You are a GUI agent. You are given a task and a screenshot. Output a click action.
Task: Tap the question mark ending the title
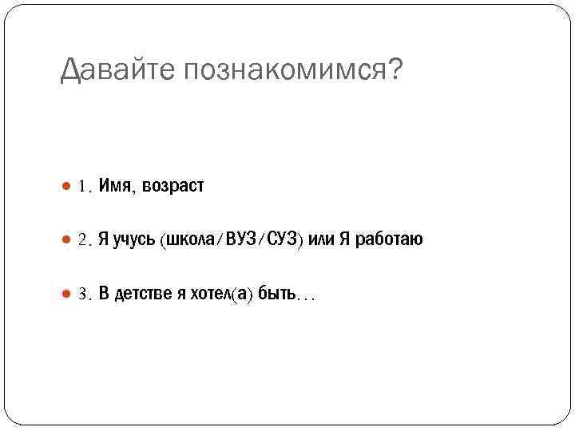pos(395,71)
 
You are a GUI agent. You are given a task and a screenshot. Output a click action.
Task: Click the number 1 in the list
pos(82,187)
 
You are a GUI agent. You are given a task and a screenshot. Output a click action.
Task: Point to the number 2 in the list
pos(82,240)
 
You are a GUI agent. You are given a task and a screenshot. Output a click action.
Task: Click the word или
pos(321,240)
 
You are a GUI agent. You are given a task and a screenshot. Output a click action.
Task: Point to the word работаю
pos(389,240)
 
